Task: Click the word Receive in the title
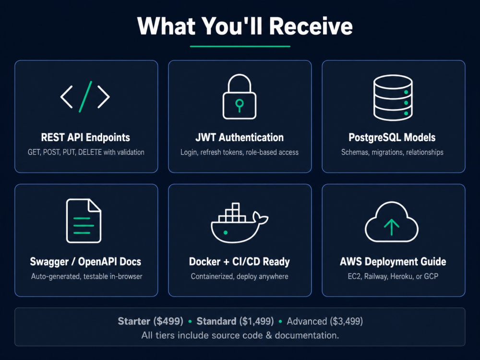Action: click(x=311, y=26)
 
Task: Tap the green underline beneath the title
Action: click(x=240, y=46)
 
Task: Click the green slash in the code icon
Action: click(x=85, y=97)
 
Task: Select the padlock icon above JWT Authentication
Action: click(x=240, y=97)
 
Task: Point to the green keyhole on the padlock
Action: click(x=240, y=105)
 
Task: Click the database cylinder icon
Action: click(x=393, y=97)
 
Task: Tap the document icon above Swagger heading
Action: click(x=84, y=221)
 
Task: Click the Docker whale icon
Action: click(x=240, y=223)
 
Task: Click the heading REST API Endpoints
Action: click(x=85, y=137)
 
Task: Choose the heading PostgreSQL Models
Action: click(x=392, y=137)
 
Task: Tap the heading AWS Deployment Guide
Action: click(x=393, y=262)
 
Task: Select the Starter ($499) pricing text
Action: click(x=151, y=321)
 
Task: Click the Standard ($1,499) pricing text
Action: click(x=235, y=321)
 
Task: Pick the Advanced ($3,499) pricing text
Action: click(x=325, y=321)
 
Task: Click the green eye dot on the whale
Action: click(x=226, y=233)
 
